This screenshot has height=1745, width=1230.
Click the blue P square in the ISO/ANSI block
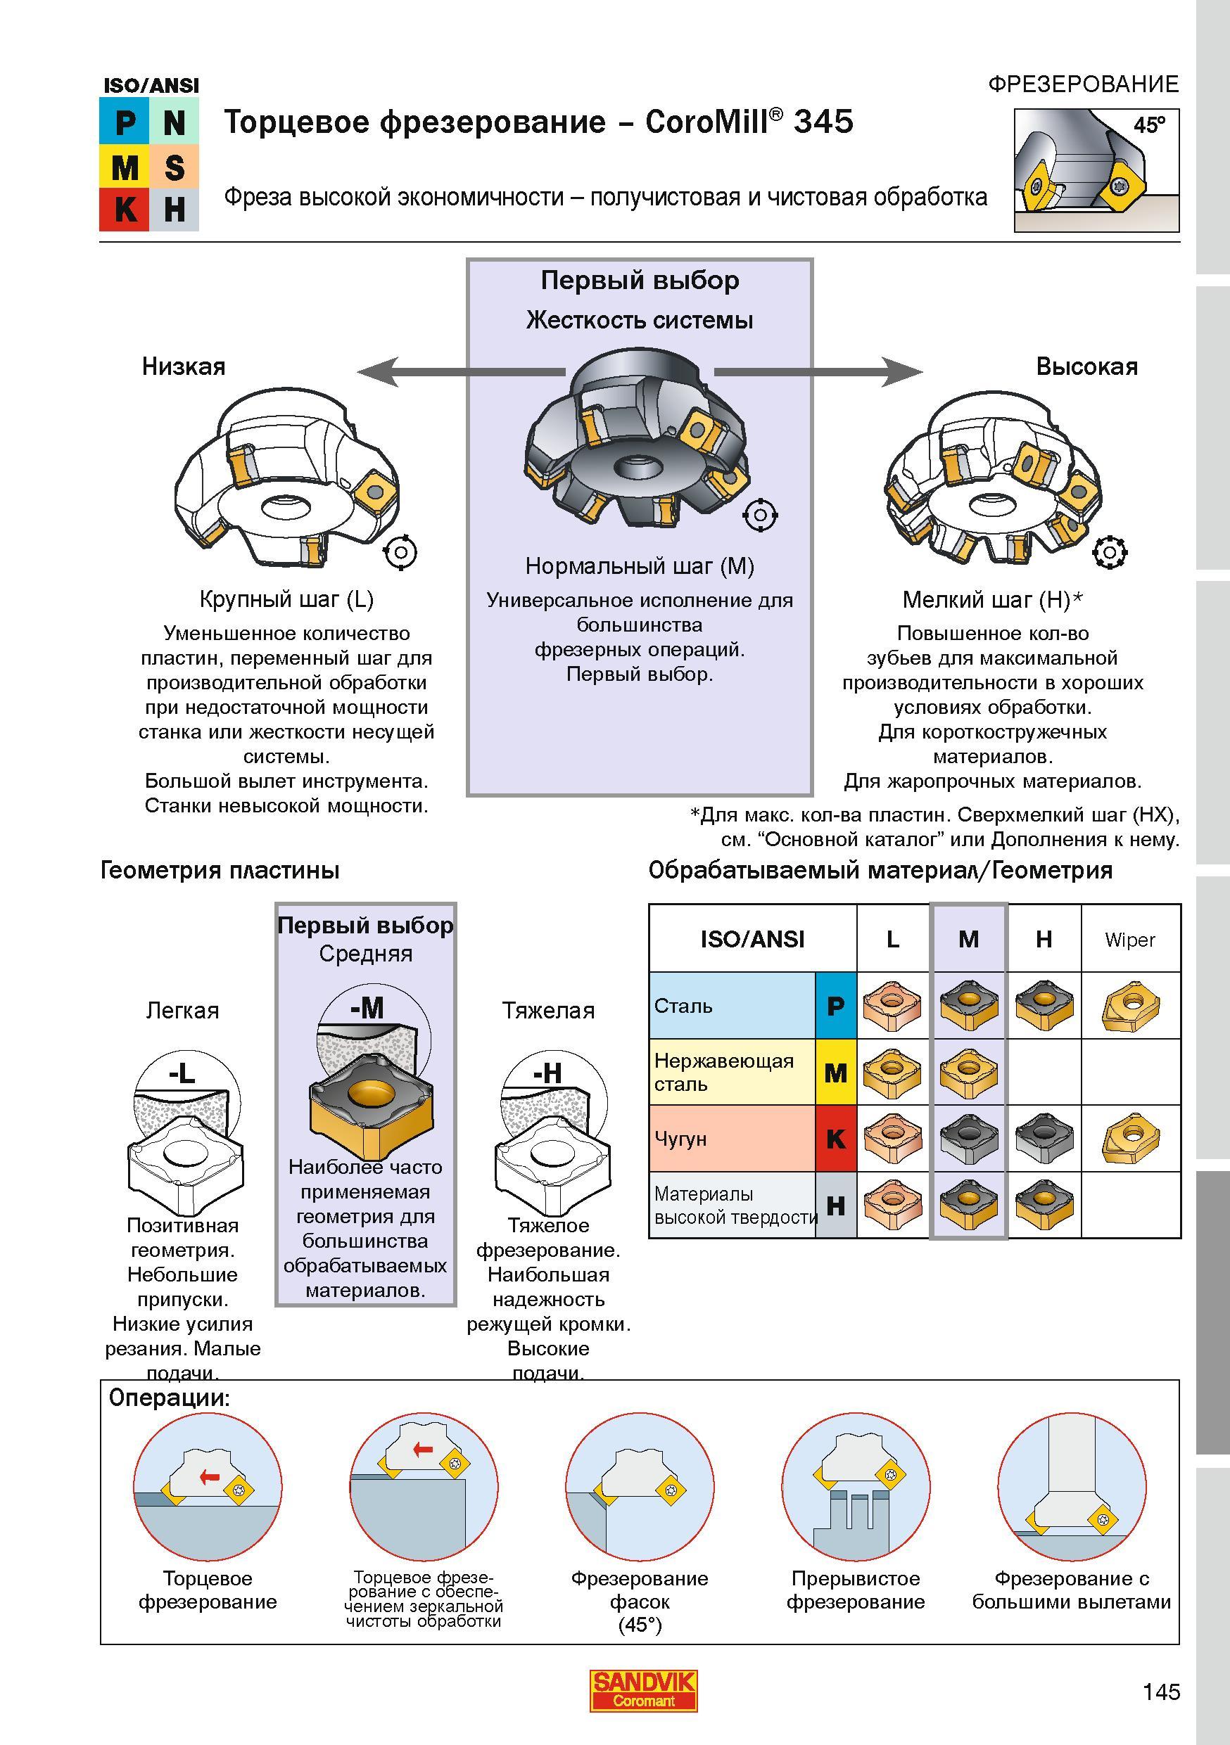(x=124, y=122)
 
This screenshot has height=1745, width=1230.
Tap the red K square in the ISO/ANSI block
(x=124, y=209)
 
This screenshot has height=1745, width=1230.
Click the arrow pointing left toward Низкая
(x=462, y=371)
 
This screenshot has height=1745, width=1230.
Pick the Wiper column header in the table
(x=1129, y=940)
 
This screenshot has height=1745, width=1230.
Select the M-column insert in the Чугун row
(x=968, y=1138)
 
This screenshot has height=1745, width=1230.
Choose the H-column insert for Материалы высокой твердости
(x=1043, y=1205)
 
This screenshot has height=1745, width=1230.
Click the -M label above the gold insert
(x=367, y=1008)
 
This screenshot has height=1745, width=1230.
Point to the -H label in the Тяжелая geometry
(x=547, y=1073)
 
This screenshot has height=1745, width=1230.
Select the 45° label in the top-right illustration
(x=1148, y=124)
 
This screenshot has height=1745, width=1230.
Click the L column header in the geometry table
(x=892, y=940)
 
